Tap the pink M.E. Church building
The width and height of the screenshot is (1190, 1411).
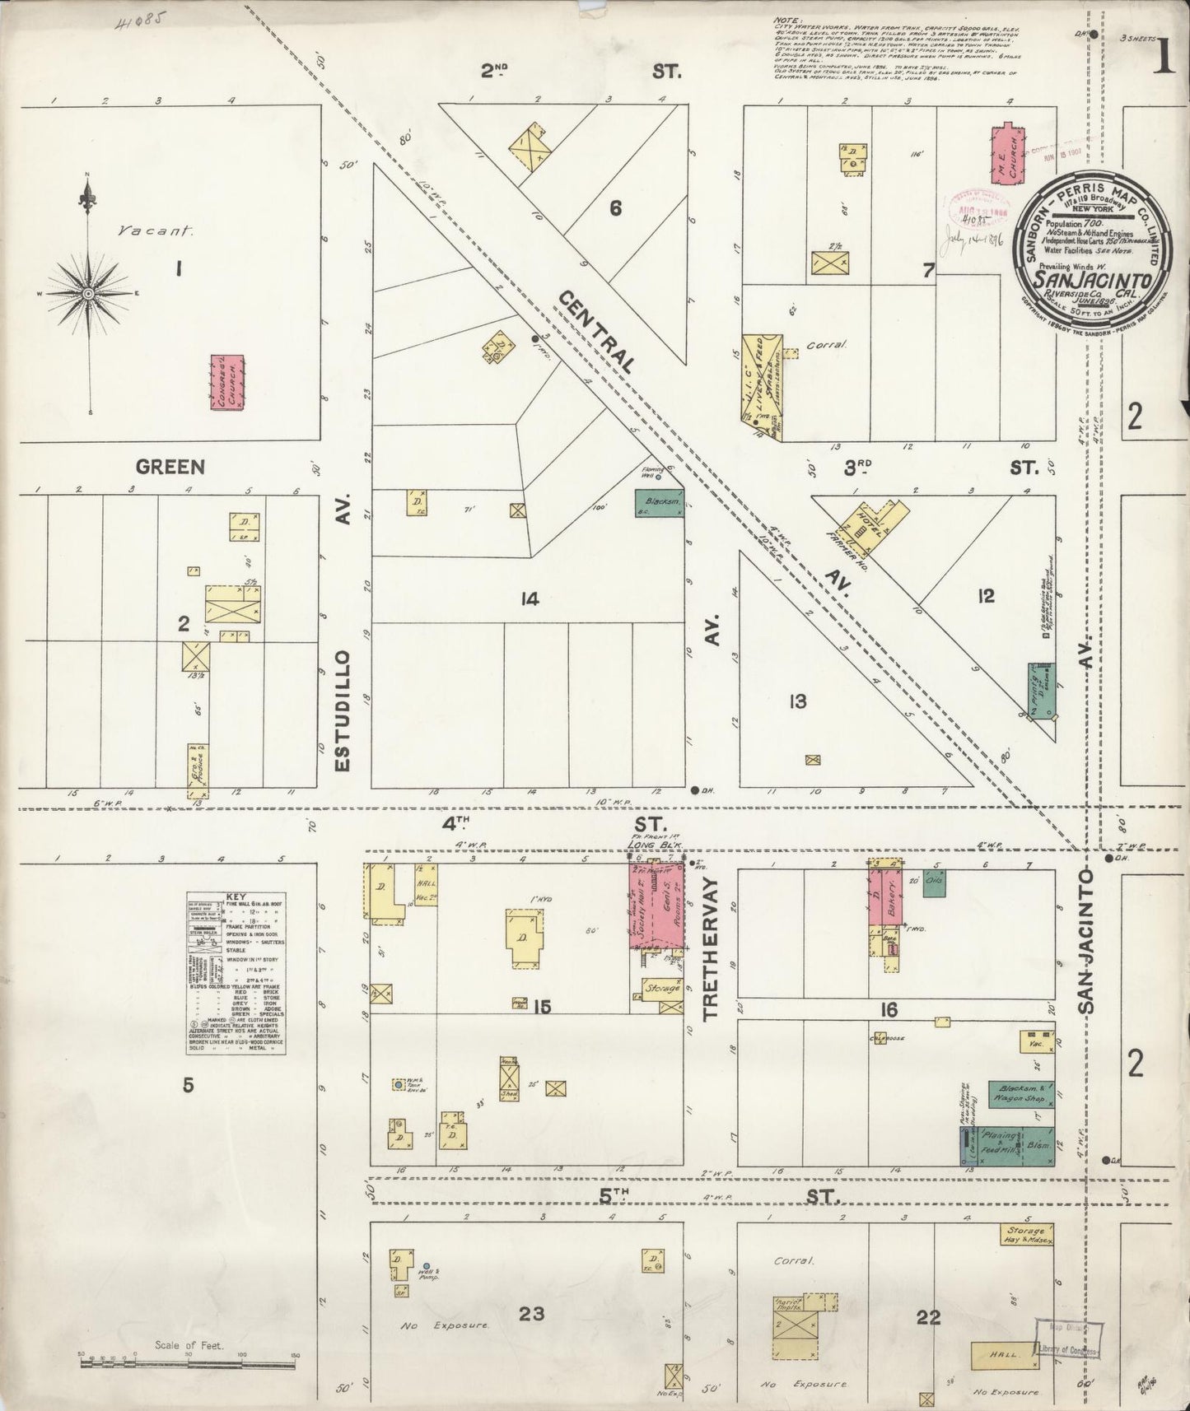pos(1006,156)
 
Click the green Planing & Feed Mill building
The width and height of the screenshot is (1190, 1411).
pos(1006,1144)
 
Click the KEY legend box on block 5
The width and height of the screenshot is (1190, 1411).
pos(236,972)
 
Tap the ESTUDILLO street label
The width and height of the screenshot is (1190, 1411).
pos(343,711)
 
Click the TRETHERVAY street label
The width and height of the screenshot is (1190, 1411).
pos(712,948)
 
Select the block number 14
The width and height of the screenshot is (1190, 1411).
pos(529,598)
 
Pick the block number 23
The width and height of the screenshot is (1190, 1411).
pos(531,1313)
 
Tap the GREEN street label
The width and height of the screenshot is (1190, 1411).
pos(170,467)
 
